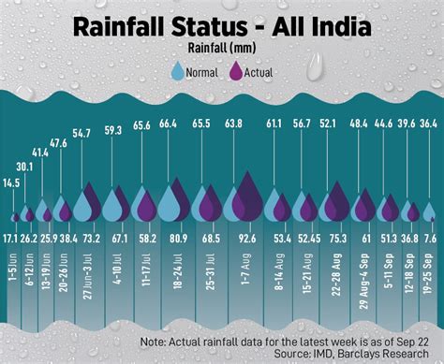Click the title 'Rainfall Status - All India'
click(x=222, y=27)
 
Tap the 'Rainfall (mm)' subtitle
click(x=221, y=49)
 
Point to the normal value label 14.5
click(x=11, y=182)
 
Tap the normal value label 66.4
click(x=168, y=124)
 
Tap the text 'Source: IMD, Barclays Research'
click(x=350, y=355)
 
